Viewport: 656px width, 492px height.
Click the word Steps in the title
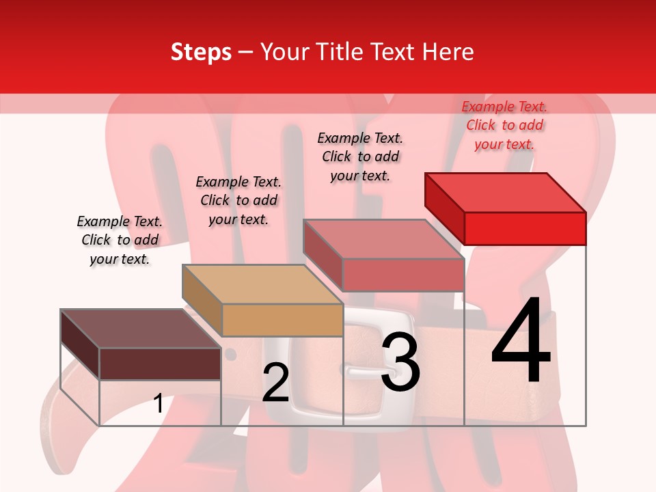201,53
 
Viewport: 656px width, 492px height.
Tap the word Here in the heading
448,53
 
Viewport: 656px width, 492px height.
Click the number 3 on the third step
400,363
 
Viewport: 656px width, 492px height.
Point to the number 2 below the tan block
275,383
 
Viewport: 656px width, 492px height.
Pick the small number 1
158,404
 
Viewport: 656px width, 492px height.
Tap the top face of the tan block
262,284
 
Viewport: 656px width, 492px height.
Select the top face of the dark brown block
141,329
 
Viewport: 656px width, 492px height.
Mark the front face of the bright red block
525,228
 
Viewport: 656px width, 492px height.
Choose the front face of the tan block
282,320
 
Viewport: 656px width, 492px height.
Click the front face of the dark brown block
160,364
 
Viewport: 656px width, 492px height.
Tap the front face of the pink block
403,275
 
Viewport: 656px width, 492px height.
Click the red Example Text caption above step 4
504,125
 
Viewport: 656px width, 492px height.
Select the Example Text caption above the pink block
360,156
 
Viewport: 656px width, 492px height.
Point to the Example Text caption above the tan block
238,200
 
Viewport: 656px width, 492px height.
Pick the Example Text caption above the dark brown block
120,240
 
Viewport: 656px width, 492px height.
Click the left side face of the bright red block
445,208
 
